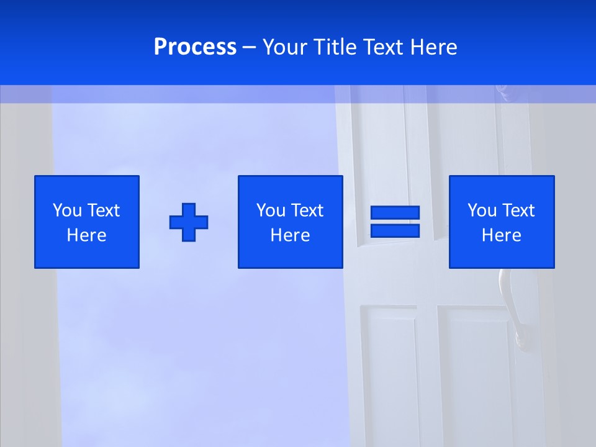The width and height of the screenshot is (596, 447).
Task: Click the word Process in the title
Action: point(195,47)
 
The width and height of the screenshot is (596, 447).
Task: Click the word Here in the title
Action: point(433,47)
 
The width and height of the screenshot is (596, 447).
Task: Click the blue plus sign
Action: point(189,222)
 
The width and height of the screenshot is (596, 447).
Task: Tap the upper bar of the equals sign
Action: point(395,212)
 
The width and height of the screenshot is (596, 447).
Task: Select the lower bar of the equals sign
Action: point(395,230)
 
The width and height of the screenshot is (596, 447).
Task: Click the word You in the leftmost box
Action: point(68,210)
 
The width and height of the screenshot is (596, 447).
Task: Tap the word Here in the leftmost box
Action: point(87,235)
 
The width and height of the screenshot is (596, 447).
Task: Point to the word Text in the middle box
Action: point(307,210)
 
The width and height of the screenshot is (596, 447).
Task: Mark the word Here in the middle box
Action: point(290,235)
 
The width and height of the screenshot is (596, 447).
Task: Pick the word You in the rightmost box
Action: point(482,210)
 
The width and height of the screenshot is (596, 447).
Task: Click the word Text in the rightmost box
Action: point(518,210)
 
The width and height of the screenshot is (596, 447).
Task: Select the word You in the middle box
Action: point(271,210)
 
